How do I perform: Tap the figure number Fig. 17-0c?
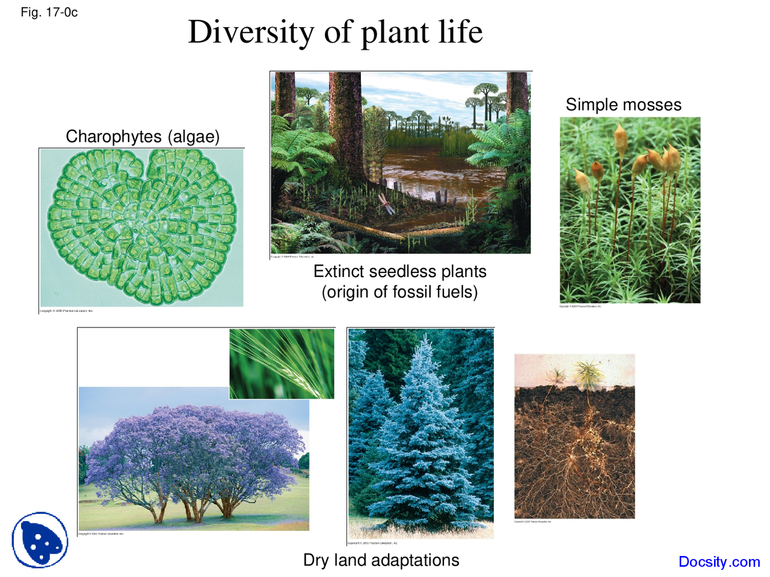(49, 13)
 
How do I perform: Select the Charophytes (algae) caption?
(143, 136)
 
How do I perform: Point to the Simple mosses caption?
(623, 105)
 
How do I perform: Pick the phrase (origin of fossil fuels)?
(399, 292)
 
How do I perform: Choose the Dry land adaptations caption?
(381, 560)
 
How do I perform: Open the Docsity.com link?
(719, 562)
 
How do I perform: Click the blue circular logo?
(40, 540)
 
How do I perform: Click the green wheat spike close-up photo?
(282, 364)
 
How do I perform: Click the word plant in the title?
(395, 32)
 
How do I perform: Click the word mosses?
(652, 105)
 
